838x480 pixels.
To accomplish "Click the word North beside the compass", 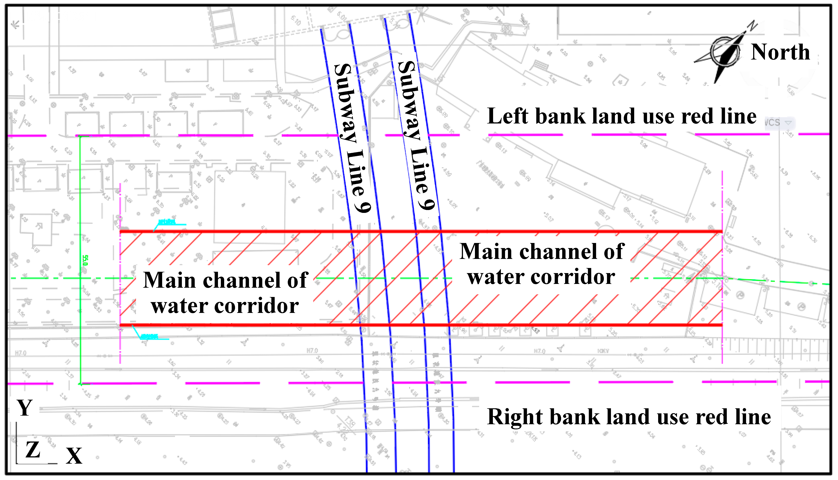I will [x=780, y=52].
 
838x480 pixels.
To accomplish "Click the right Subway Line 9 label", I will [x=416, y=135].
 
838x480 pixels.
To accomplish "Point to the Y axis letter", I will [x=25, y=408].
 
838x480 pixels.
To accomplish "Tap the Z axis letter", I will [x=33, y=450].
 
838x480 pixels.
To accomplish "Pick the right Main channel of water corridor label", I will [x=542, y=264].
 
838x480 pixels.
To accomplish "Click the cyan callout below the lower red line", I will [x=150, y=337].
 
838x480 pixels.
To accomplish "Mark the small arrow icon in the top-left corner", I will [x=15, y=24].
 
